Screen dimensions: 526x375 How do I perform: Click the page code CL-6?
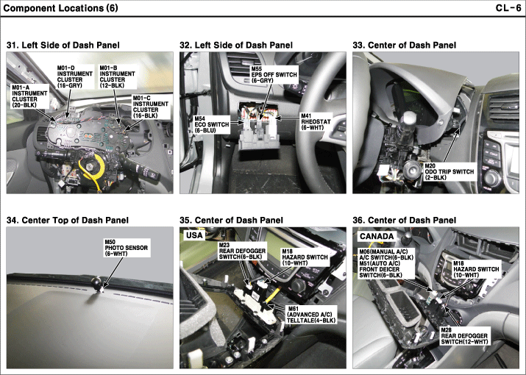click(x=508, y=7)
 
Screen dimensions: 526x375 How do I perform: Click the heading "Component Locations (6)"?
click(x=61, y=8)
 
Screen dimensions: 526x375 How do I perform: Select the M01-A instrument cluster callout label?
click(x=29, y=96)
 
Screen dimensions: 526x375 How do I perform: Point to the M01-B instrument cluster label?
click(x=118, y=76)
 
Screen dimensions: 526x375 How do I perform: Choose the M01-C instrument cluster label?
click(x=151, y=107)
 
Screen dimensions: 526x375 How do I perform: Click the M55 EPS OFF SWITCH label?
click(x=274, y=74)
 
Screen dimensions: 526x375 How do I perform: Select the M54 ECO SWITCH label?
click(x=212, y=124)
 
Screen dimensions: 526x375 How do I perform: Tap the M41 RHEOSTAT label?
click(x=316, y=122)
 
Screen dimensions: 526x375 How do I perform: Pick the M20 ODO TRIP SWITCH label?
click(x=449, y=172)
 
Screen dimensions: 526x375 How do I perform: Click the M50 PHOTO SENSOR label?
click(x=126, y=248)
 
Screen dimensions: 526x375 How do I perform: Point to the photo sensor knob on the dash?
click(x=97, y=283)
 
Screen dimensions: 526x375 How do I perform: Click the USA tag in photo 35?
click(x=194, y=235)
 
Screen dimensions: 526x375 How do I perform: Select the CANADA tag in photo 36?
click(x=377, y=236)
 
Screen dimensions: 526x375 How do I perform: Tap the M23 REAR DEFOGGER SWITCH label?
click(x=242, y=254)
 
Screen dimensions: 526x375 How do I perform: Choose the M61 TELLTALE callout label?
click(x=311, y=315)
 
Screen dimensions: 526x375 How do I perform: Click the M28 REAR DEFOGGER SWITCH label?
click(x=464, y=336)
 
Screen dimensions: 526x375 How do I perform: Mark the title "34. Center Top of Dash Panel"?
click(x=68, y=220)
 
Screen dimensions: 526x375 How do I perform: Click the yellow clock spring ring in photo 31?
click(x=91, y=167)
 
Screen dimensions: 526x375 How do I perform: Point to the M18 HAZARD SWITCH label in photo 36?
click(x=477, y=269)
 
